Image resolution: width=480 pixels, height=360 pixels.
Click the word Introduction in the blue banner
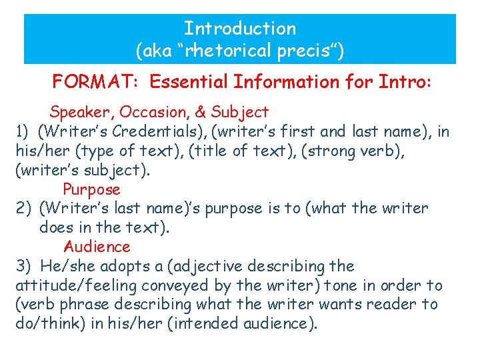click(240, 29)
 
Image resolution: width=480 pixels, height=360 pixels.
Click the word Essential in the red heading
click(189, 82)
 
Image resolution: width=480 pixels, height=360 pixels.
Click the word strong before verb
click(362, 151)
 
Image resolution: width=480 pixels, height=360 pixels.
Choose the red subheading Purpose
click(91, 189)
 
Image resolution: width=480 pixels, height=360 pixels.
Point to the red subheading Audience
click(97, 247)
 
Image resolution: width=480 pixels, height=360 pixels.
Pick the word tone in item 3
click(360, 285)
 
